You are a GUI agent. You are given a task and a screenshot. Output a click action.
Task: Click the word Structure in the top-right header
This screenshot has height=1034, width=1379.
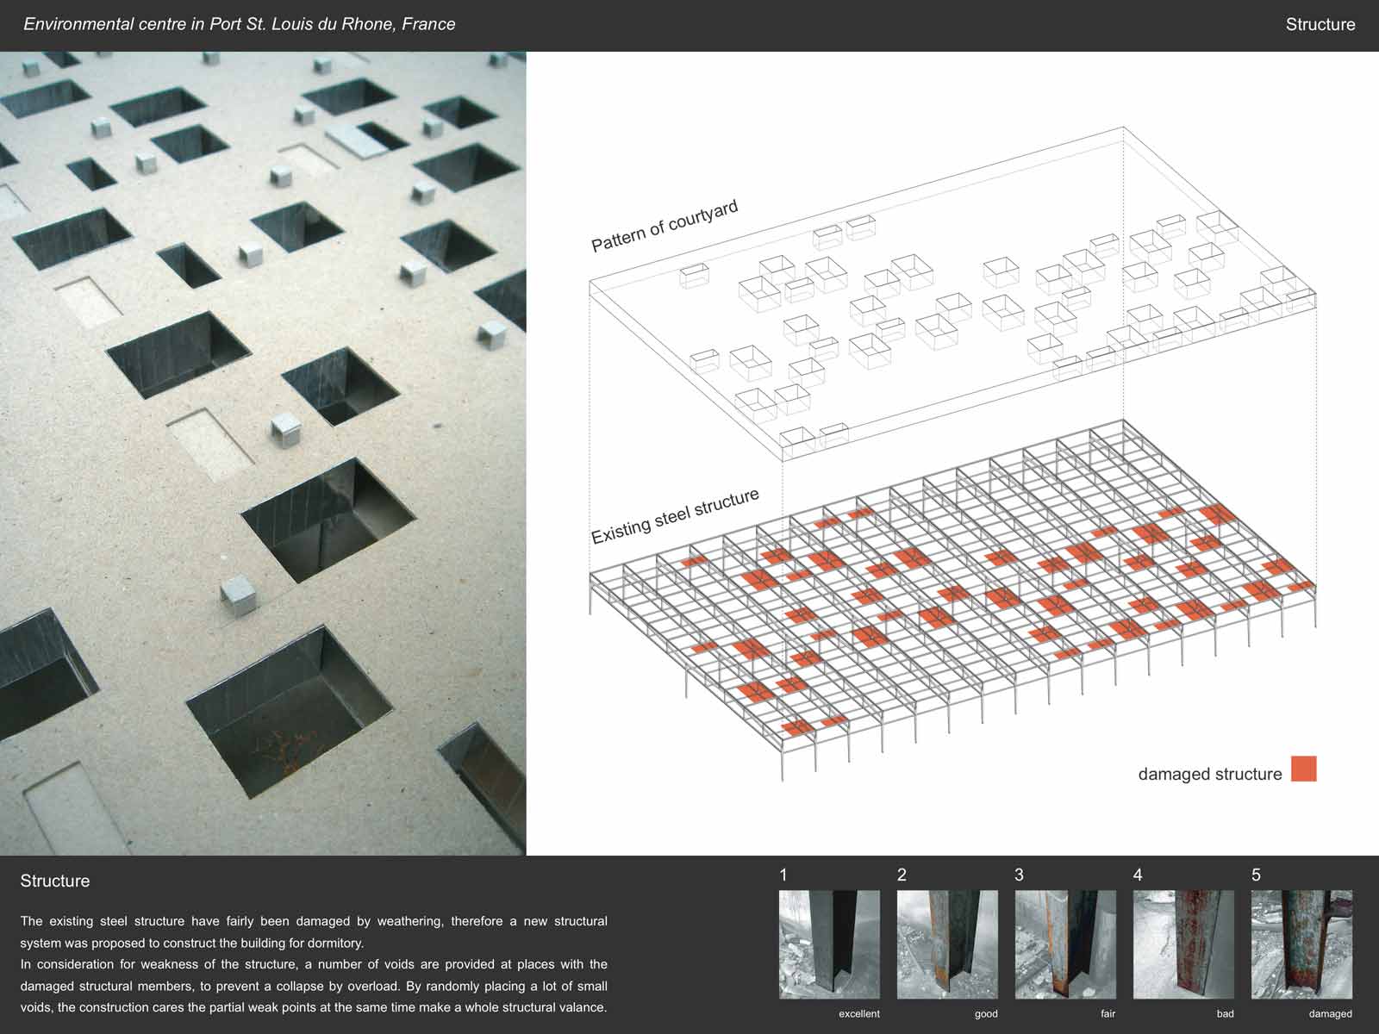(1320, 24)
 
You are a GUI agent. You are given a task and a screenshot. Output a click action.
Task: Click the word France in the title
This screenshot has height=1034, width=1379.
(428, 24)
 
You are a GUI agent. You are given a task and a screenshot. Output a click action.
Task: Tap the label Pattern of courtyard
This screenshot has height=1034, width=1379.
(665, 226)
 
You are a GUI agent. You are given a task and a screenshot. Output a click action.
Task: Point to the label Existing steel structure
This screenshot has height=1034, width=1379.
(676, 516)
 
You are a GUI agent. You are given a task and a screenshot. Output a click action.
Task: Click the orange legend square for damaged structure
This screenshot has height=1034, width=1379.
(1304, 769)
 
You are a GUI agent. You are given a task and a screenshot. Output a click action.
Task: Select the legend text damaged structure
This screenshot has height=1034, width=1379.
(1210, 774)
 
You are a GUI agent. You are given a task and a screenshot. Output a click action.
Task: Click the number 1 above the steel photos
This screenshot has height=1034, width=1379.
(783, 875)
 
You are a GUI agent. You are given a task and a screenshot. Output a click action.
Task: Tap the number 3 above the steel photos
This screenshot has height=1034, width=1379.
(1019, 875)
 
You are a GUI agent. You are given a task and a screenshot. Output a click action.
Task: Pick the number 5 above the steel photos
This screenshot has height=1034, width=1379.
(1256, 875)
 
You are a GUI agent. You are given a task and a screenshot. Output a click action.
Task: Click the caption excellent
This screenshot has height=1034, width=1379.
(858, 1013)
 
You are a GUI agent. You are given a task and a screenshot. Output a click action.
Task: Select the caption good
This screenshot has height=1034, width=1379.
(986, 1013)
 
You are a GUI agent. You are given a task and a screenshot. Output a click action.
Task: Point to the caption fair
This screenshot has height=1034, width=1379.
(1108, 1013)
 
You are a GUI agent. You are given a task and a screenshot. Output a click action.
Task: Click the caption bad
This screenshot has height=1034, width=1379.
(1225, 1013)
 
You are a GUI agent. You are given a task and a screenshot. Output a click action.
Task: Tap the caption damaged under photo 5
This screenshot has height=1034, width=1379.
(1330, 1013)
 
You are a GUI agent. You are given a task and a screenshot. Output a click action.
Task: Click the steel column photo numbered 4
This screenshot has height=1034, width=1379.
(1183, 944)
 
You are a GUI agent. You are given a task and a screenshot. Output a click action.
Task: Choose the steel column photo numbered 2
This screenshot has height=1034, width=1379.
(946, 944)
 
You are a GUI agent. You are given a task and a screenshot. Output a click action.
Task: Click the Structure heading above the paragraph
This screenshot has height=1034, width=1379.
(54, 881)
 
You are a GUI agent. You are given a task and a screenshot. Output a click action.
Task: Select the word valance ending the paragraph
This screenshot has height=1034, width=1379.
(582, 1007)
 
